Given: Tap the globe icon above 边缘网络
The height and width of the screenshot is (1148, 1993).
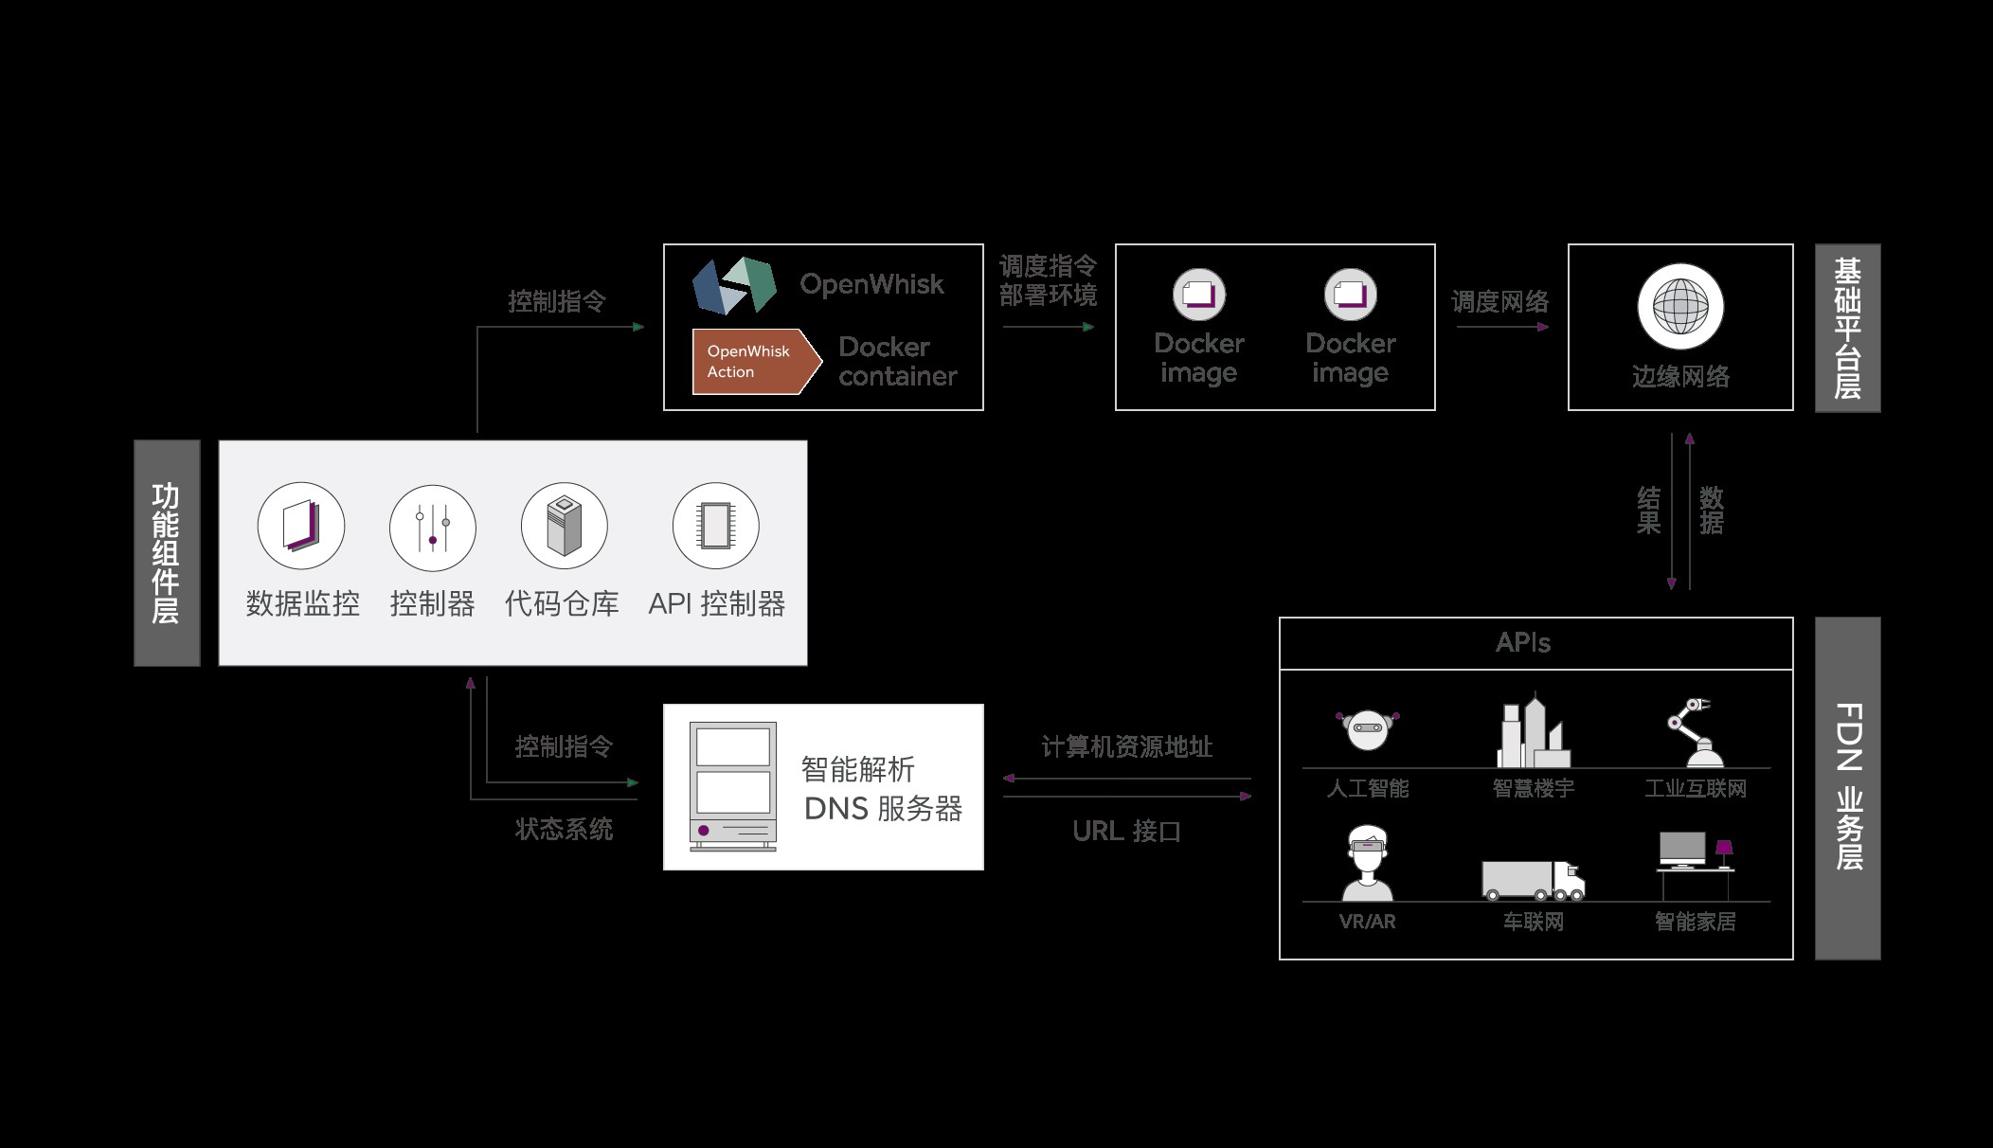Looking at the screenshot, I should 1680,307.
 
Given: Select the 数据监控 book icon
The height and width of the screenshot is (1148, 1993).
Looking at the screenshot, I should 301,526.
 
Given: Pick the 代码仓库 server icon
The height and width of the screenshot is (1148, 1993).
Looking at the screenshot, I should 564,526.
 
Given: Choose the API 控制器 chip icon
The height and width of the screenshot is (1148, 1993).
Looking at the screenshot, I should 716,526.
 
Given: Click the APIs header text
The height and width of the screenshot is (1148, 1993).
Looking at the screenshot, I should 1523,643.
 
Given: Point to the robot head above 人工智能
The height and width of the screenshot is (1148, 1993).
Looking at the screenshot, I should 1367,729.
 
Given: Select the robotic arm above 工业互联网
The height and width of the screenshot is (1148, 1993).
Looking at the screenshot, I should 1695,732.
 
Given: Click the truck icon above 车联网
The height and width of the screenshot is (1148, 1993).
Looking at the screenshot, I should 1533,880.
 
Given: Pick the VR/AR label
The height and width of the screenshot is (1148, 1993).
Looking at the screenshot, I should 1367,922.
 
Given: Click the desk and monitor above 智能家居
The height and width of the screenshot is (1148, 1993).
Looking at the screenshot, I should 1695,862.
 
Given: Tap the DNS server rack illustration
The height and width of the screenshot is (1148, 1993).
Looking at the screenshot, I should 733,786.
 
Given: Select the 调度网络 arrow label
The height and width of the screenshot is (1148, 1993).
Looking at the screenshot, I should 1500,302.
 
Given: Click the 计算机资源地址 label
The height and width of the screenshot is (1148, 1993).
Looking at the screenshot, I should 1127,747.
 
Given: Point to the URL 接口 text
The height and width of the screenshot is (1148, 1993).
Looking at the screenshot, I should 1127,832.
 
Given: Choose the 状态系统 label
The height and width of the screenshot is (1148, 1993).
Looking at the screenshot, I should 564,830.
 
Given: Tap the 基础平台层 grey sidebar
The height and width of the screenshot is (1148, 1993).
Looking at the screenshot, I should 1847,328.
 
